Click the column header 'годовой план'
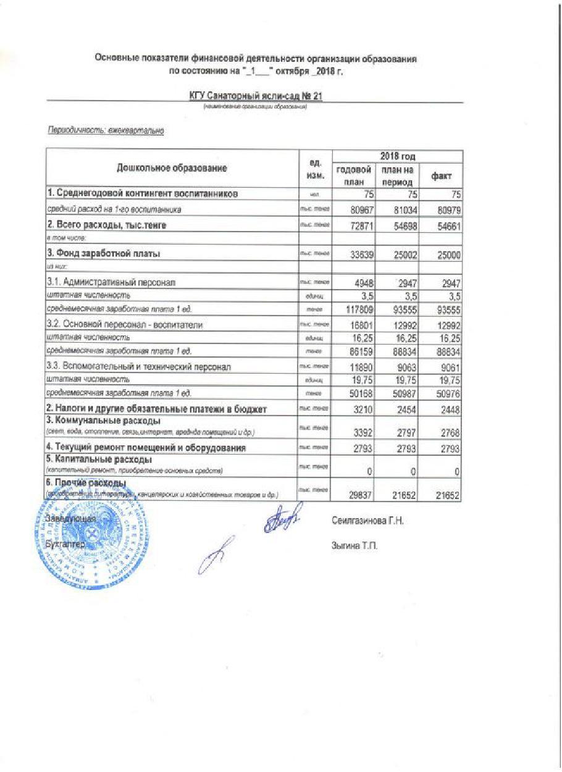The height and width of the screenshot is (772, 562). coord(353,175)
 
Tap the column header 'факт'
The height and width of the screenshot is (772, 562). coord(442,176)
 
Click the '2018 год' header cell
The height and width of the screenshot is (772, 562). coord(398,156)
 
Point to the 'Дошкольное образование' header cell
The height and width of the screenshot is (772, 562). coord(172,168)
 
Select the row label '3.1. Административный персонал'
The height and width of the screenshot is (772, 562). coord(111,282)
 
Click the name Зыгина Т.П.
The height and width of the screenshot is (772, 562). coord(354,546)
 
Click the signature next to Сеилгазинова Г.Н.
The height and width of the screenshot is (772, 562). coord(284,519)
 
